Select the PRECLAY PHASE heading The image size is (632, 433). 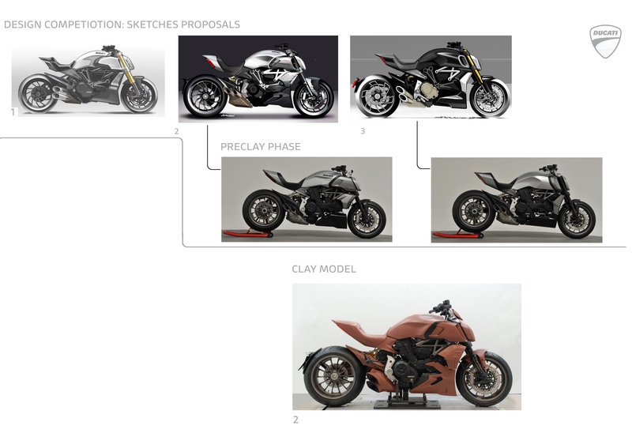pyautogui.click(x=261, y=147)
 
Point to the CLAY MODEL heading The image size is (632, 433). pyautogui.click(x=324, y=269)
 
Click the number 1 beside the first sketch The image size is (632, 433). pyautogui.click(x=13, y=112)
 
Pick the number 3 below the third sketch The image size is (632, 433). pyautogui.click(x=363, y=131)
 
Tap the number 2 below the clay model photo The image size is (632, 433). pyautogui.click(x=295, y=420)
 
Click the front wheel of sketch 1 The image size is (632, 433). pyautogui.click(x=140, y=95)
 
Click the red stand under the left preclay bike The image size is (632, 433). pyautogui.click(x=246, y=234)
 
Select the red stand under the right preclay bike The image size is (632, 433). pyautogui.click(x=457, y=235)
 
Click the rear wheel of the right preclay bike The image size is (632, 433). pyautogui.click(x=473, y=214)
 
